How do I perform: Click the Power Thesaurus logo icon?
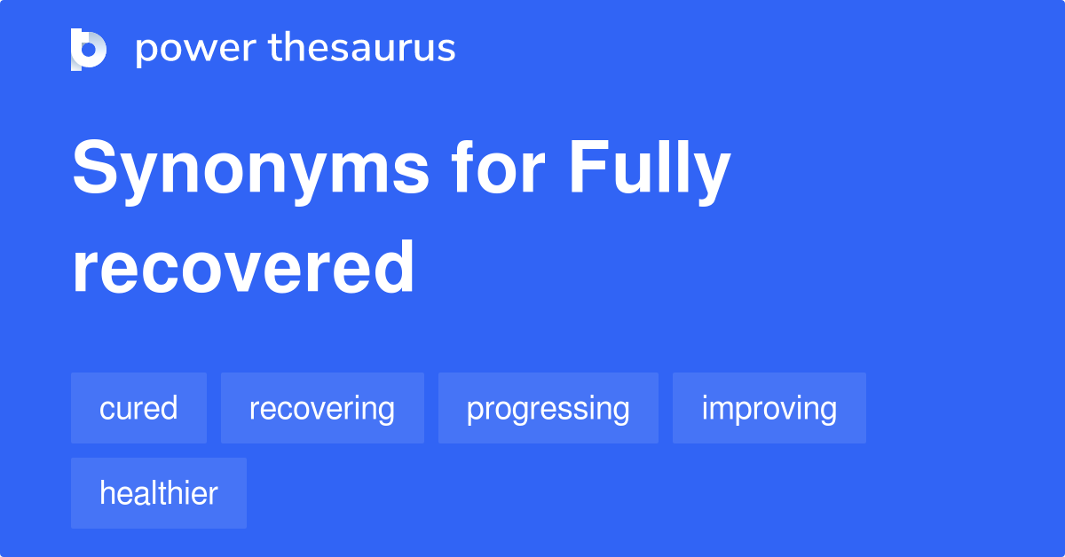coord(89,49)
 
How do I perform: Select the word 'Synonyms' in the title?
coord(250,170)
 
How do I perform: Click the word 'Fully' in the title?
coord(650,170)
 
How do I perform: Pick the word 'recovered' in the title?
coord(243,268)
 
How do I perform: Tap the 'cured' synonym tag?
coord(138,408)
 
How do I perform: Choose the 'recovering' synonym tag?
coord(322,408)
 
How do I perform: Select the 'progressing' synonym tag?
coord(548,408)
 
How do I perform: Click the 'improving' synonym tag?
coord(769,408)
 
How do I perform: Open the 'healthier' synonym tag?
coord(158,493)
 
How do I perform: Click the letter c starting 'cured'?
coord(106,410)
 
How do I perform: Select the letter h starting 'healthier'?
coord(106,493)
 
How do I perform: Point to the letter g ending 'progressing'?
coord(620,412)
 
